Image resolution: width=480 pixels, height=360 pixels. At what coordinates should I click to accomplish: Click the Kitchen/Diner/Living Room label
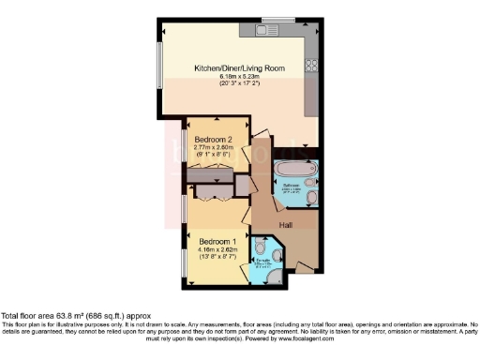[x=239, y=68]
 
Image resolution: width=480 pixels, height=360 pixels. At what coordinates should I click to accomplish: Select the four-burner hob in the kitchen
[x=310, y=67]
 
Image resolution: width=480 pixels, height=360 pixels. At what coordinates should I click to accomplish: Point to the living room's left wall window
[x=161, y=68]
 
